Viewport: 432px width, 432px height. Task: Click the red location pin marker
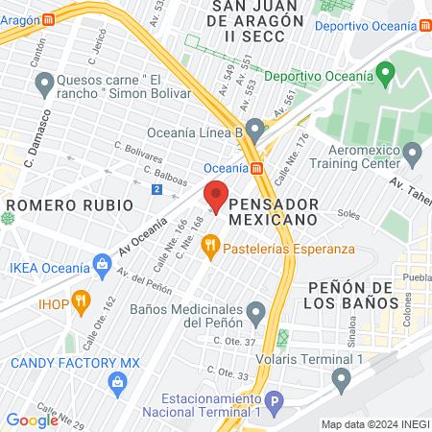[x=216, y=196]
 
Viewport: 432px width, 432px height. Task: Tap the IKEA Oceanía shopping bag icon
[x=103, y=262]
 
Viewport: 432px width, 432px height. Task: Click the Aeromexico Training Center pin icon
[x=413, y=153]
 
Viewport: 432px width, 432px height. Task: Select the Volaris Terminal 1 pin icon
[x=341, y=380]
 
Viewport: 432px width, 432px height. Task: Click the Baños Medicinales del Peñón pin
[x=255, y=312]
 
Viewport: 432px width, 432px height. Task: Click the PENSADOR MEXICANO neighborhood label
[x=274, y=212]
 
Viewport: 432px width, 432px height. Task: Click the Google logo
[x=32, y=420]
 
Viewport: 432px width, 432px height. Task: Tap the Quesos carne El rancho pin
[x=43, y=87]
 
